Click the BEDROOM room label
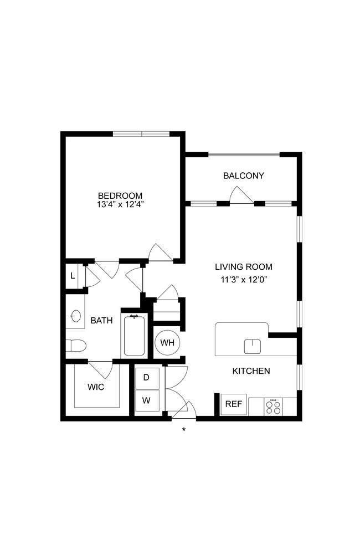click(120, 196)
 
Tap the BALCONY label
click(243, 176)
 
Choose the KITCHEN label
click(251, 371)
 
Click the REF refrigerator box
click(233, 404)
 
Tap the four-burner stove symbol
click(272, 407)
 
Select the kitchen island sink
click(252, 346)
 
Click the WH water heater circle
click(167, 342)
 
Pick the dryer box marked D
click(147, 378)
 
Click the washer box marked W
click(147, 399)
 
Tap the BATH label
click(101, 320)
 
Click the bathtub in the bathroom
click(133, 335)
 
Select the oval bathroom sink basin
click(75, 316)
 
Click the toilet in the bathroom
click(76, 346)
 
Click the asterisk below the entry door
click(183, 429)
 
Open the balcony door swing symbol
click(240, 196)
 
